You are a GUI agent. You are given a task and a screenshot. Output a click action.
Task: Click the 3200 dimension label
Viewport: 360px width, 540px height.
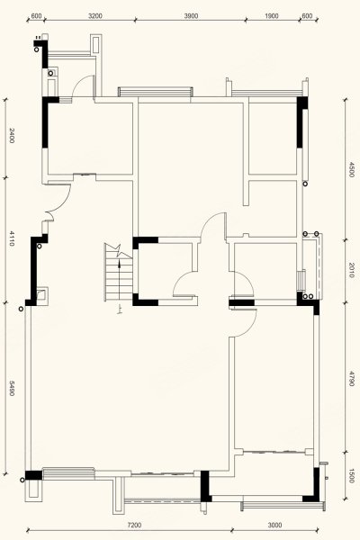[95, 16]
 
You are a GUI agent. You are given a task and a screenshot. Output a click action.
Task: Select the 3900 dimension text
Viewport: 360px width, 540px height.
[191, 16]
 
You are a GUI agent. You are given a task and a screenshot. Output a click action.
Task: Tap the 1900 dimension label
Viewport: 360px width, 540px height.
[272, 16]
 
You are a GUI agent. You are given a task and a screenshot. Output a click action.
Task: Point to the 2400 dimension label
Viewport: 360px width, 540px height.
[12, 135]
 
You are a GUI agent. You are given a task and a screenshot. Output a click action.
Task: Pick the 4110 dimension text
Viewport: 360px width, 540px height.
[12, 238]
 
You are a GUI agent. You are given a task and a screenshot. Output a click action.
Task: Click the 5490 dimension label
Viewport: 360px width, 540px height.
[12, 389]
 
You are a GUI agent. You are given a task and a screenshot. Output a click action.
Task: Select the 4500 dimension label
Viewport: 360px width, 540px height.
[351, 169]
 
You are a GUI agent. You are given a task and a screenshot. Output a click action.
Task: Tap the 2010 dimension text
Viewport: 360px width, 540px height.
[351, 270]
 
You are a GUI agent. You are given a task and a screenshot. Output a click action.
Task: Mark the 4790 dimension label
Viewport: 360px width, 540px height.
[351, 378]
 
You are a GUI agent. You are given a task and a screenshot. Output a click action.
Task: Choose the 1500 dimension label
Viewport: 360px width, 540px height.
[351, 475]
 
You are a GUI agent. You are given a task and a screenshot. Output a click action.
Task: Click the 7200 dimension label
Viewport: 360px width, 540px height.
[134, 526]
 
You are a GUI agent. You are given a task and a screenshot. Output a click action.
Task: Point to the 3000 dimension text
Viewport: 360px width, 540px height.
[274, 526]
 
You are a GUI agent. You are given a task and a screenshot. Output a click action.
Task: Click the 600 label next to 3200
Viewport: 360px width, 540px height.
[36, 16]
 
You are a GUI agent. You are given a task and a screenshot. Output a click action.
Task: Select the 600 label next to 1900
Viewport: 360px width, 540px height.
[307, 16]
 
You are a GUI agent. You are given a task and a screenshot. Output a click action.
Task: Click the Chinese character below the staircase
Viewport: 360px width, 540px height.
[119, 310]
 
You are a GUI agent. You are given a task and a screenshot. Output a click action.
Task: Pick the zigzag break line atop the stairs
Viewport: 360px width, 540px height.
[118, 250]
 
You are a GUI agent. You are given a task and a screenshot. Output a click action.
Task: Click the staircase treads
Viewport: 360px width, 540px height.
[118, 280]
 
